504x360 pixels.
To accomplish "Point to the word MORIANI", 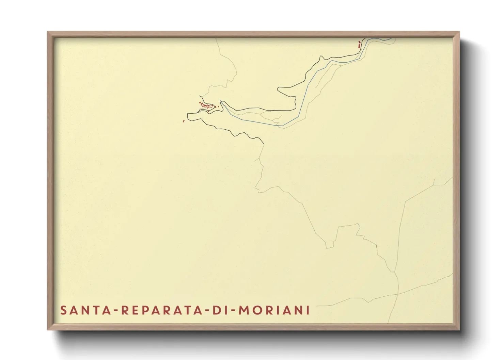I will [x=274, y=310].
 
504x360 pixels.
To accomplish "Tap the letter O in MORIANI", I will [x=258, y=310].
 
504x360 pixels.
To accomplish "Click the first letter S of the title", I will [x=63, y=310].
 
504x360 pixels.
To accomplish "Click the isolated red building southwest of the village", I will [x=184, y=121].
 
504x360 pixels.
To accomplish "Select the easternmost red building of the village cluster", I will [x=218, y=107].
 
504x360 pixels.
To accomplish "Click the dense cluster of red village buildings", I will [x=206, y=106].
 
